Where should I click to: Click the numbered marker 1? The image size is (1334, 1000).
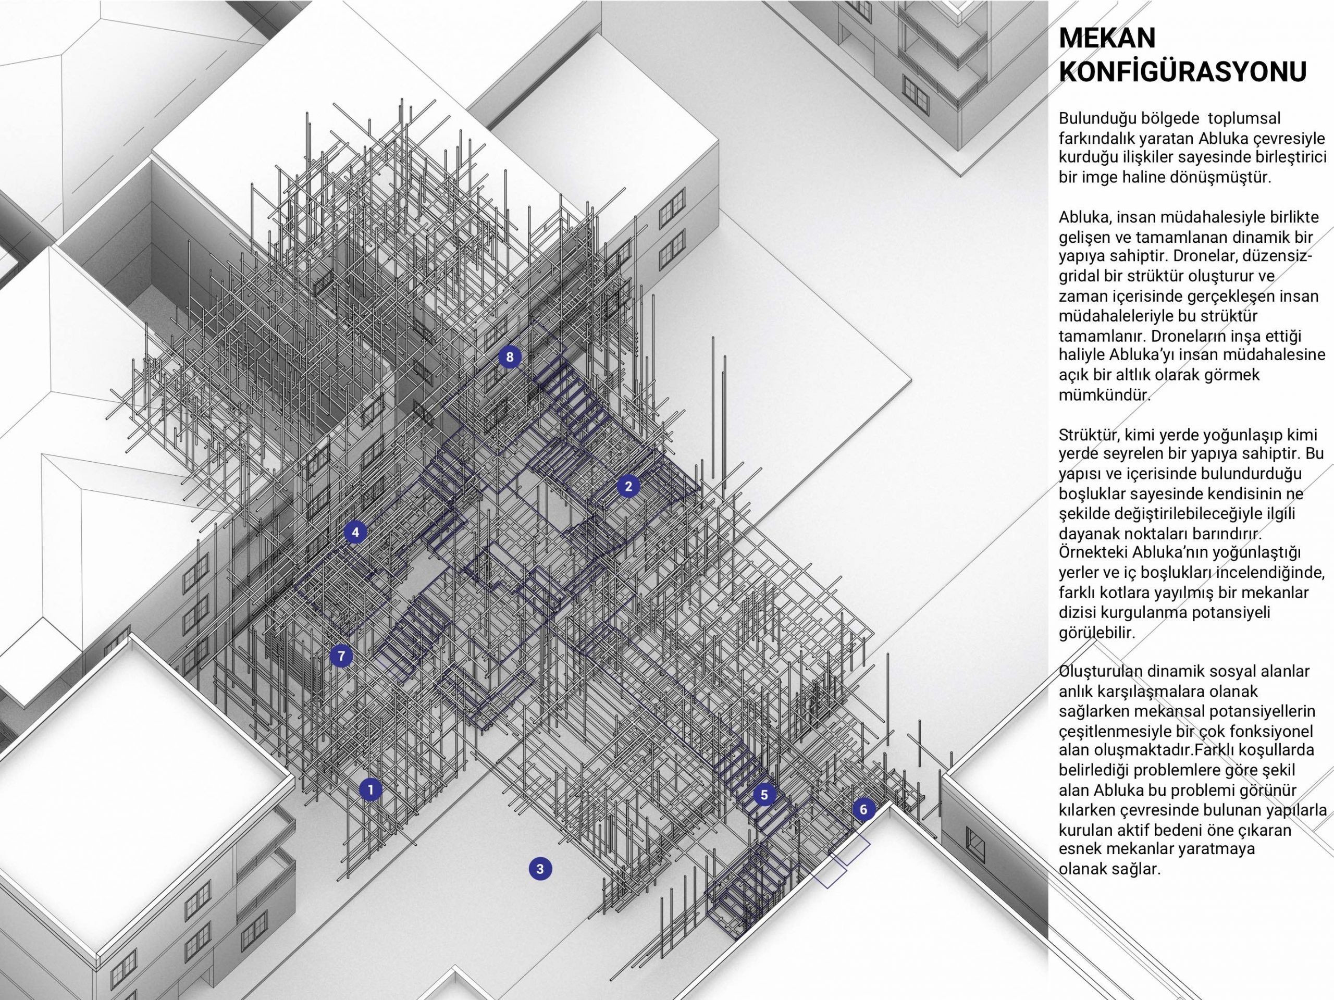coord(370,789)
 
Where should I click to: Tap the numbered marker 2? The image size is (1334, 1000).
coord(628,486)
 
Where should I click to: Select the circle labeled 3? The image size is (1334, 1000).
coord(540,869)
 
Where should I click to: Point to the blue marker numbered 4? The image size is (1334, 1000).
coord(355,533)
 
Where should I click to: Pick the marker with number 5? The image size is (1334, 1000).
coord(764,795)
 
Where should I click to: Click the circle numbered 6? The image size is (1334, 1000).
coord(863,809)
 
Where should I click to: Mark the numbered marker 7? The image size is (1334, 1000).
coord(341,656)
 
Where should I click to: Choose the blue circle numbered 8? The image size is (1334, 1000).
coord(510,357)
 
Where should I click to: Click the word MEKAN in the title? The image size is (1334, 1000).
coord(1107,39)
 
